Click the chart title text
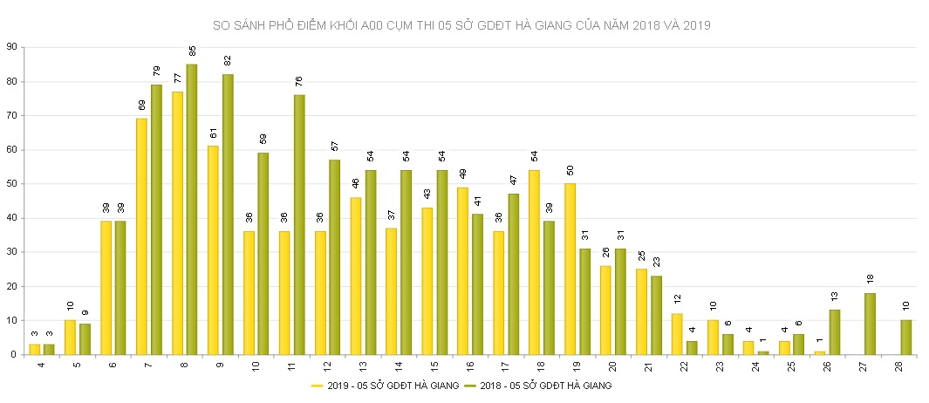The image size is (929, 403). tap(462, 25)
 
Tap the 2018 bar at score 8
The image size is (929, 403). tap(192, 209)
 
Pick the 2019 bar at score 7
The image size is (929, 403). tap(141, 236)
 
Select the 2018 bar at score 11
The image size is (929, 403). tap(299, 224)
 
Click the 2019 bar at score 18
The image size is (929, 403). tap(534, 263)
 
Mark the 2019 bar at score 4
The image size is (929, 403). tap(35, 349)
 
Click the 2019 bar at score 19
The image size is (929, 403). tap(570, 269)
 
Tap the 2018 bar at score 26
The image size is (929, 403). tap(835, 332)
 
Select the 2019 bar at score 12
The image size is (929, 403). tap(320, 293)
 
